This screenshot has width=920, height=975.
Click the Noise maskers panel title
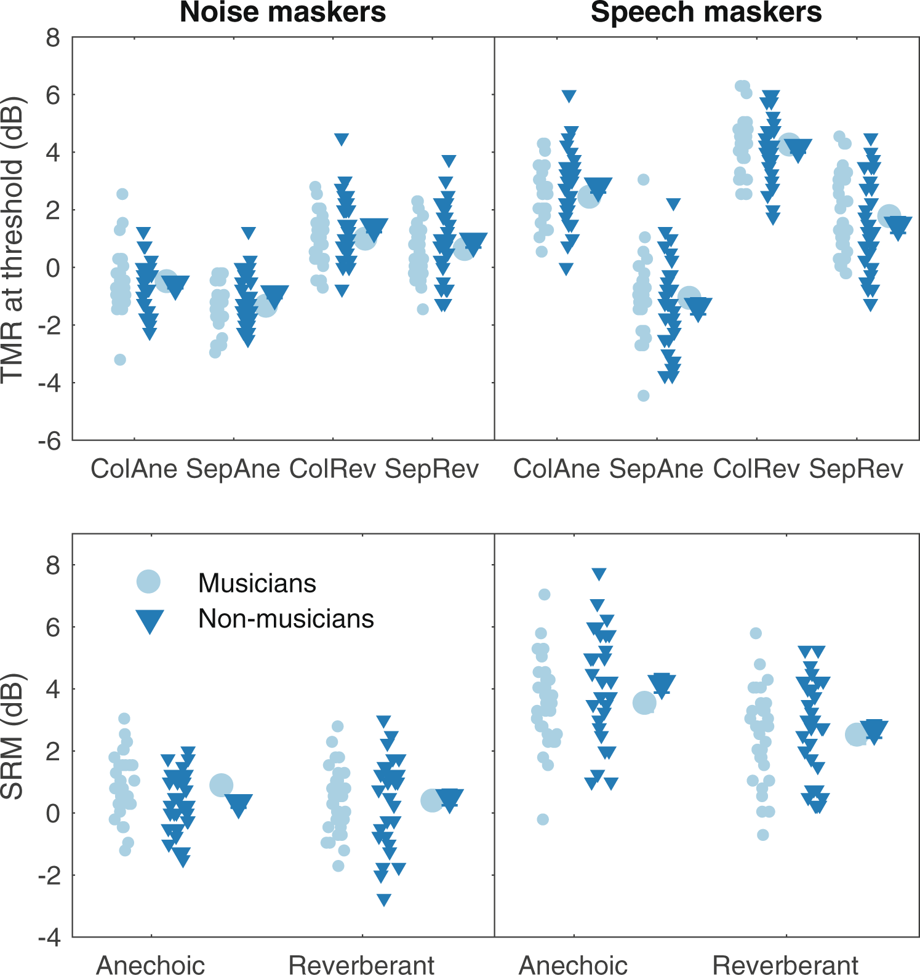[282, 12]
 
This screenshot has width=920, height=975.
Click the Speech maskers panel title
[706, 12]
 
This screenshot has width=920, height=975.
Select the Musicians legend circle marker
[148, 581]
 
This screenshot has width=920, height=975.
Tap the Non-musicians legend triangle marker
[150, 621]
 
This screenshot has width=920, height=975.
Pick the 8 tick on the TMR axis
[53, 38]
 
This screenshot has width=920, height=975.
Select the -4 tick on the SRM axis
[49, 937]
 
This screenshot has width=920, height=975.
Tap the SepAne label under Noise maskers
[233, 469]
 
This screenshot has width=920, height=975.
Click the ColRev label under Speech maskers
[756, 469]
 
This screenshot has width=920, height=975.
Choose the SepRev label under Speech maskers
[856, 469]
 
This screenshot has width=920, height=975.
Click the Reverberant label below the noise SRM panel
[361, 965]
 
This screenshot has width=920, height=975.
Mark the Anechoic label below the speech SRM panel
[574, 965]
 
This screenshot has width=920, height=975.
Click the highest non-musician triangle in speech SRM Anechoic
[599, 574]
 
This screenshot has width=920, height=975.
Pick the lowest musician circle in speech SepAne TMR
[643, 396]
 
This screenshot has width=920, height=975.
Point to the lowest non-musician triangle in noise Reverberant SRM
[384, 900]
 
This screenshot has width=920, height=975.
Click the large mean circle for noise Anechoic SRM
[222, 785]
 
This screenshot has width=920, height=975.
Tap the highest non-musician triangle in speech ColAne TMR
[569, 96]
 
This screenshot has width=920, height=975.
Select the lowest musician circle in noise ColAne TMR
[120, 360]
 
